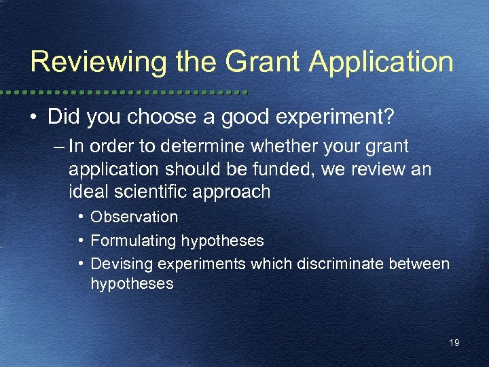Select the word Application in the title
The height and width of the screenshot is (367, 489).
pyautogui.click(x=381, y=62)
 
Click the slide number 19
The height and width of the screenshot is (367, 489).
pyautogui.click(x=454, y=343)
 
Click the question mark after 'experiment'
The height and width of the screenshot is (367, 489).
pyautogui.click(x=388, y=116)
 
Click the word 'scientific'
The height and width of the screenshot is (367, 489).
pyautogui.click(x=154, y=192)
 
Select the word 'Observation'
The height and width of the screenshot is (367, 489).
pyautogui.click(x=134, y=217)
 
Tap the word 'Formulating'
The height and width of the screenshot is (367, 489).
pyautogui.click(x=133, y=241)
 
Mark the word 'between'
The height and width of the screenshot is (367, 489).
pyautogui.click(x=419, y=263)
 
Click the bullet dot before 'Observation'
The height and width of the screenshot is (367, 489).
pyautogui.click(x=81, y=217)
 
